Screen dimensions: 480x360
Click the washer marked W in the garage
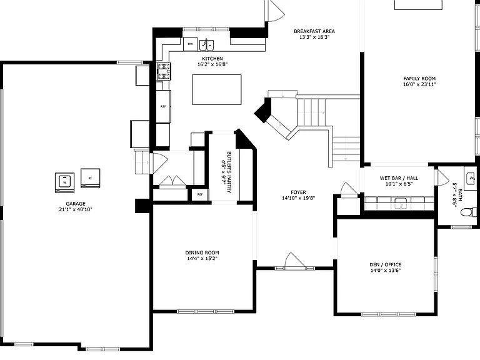[x=64, y=182]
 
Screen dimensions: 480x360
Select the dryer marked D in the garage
[x=90, y=178]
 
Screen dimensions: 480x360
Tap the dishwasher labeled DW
[x=190, y=44]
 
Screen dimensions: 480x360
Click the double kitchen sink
[x=207, y=45]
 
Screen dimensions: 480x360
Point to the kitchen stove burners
[x=164, y=71]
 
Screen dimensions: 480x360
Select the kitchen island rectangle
[x=217, y=90]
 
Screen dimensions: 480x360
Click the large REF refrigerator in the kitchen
[x=163, y=106]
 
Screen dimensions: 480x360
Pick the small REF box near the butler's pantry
[x=200, y=194]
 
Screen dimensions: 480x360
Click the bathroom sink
[x=471, y=178]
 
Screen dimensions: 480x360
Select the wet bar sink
[x=400, y=203]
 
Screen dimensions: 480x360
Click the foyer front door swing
[x=294, y=260]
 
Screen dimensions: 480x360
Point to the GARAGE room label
[x=76, y=204]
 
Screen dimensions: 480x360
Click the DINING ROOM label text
[x=202, y=252]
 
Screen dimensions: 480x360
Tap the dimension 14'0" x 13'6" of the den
[x=386, y=270]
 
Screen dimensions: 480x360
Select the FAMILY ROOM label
[x=419, y=78]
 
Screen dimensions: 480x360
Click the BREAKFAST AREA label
[x=314, y=31]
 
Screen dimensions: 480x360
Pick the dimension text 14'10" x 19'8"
[x=299, y=198]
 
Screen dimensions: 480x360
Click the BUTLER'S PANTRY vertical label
[x=229, y=172]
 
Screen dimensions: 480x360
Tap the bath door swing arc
[x=443, y=177]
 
